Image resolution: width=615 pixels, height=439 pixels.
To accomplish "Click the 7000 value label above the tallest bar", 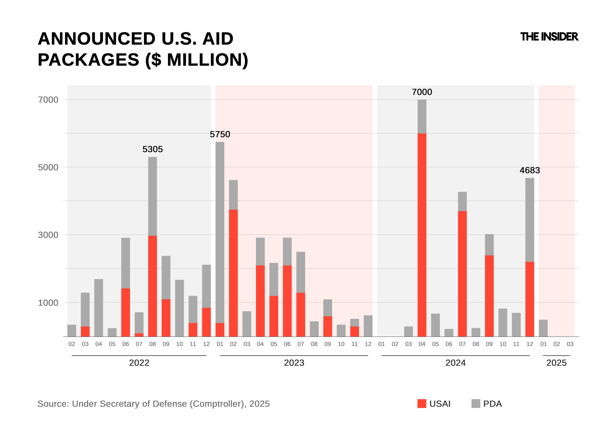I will tap(422, 92).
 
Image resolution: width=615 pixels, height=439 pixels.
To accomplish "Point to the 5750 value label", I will tap(220, 134).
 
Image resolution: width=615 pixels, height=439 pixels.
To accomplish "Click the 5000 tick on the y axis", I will tap(48, 167).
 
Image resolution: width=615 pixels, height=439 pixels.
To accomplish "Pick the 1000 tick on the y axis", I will tap(48, 303).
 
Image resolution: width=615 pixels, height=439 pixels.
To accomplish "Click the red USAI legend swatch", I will tap(422, 404).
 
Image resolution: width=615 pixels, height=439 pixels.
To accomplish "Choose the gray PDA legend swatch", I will tap(476, 404).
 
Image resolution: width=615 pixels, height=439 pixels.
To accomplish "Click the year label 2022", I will tap(139, 363).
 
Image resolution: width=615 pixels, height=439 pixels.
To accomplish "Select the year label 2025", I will tap(556, 363).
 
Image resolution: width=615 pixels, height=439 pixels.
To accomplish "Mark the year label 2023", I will tap(294, 363).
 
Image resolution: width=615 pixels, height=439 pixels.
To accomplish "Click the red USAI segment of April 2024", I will tap(422, 235).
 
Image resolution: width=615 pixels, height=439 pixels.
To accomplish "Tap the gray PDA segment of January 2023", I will tap(220, 233).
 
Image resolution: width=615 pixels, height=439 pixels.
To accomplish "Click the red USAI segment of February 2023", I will tap(233, 273).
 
